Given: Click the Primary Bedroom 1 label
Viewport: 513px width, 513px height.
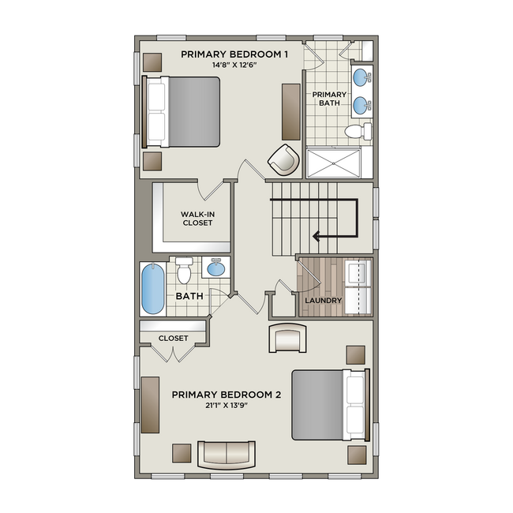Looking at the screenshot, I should coord(234,54).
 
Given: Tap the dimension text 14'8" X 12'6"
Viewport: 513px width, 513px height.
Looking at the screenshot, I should coord(234,65).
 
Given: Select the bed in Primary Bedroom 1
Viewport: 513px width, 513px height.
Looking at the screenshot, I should coord(182,111).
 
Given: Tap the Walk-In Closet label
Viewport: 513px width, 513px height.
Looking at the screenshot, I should coord(197,219).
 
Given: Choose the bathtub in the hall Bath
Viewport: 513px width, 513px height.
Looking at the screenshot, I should coord(153,289).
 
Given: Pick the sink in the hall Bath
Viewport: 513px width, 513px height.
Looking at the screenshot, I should coord(215,268).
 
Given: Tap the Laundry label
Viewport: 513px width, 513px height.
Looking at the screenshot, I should coord(323,301).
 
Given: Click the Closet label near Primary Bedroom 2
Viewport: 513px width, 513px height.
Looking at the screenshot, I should coord(173,338).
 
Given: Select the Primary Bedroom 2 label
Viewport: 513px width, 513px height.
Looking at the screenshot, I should coord(227,395).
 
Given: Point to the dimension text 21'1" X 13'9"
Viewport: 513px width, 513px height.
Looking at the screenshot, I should coord(227,406).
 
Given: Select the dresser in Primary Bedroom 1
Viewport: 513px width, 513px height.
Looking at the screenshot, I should coord(290,109).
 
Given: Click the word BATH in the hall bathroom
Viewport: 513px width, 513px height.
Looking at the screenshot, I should coord(189,297).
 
